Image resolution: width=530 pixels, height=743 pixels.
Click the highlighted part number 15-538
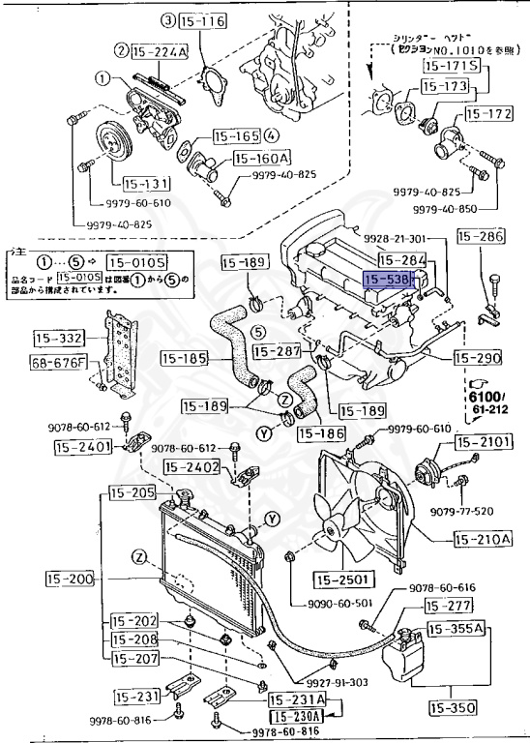389,280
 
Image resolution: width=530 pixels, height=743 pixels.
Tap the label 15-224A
157,51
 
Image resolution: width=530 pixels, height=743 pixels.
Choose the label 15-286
481,235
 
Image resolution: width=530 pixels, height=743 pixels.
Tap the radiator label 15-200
70,580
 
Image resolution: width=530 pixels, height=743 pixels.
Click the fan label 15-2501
341,580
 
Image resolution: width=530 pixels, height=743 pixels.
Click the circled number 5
258,332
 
